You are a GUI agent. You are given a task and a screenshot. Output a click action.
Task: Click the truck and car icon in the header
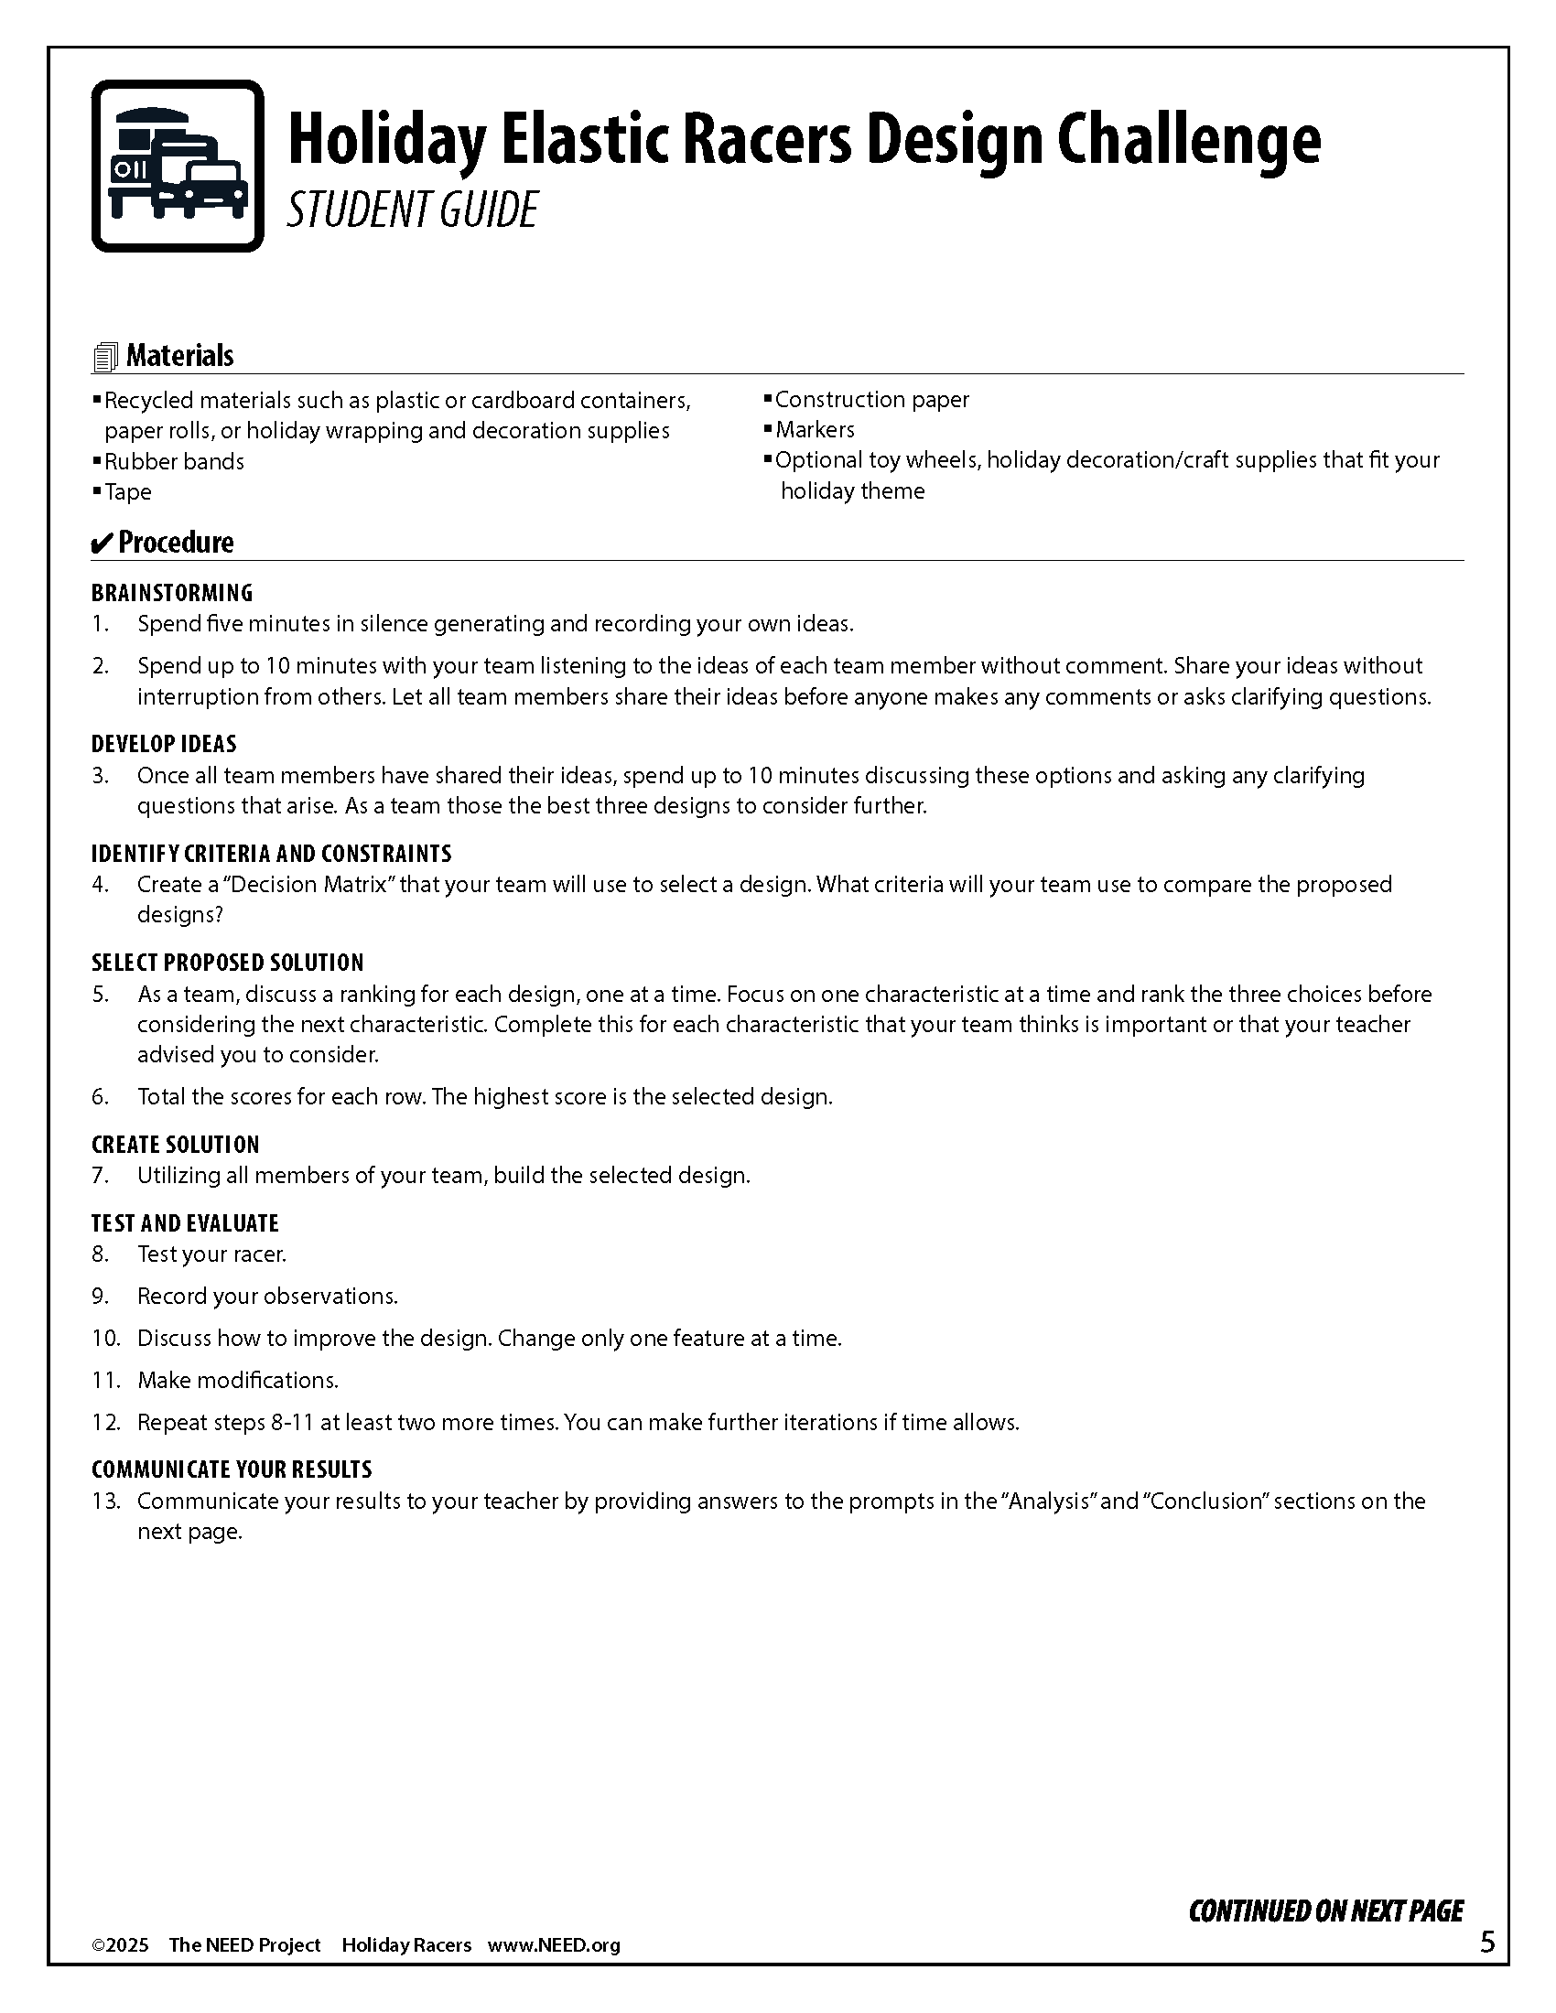(177, 166)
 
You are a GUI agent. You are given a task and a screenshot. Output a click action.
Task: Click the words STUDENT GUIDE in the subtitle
(411, 210)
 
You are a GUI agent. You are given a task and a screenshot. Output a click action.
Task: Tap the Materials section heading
(179, 356)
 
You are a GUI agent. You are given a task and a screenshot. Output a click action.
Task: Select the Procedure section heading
(175, 542)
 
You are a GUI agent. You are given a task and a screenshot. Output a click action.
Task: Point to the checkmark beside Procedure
(102, 543)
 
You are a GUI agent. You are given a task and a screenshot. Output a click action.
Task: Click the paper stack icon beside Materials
(105, 357)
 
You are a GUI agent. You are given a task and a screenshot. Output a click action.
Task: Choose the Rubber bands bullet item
(173, 461)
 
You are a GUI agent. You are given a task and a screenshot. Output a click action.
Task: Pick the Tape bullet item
(127, 491)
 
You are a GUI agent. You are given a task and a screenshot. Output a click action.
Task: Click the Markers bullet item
(814, 429)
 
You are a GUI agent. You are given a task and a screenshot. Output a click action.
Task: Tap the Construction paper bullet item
(871, 399)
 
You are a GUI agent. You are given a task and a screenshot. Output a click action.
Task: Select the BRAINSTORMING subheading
(171, 593)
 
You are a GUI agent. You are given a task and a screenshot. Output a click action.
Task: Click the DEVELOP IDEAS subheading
(163, 744)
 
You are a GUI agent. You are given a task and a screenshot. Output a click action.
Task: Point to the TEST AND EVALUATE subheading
(184, 1223)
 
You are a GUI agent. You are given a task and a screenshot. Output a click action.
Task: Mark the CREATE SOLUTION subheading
(175, 1145)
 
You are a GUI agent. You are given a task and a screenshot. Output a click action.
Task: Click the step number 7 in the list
(100, 1175)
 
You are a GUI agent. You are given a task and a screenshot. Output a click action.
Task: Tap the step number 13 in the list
(105, 1501)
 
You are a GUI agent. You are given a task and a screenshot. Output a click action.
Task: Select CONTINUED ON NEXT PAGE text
(1325, 1911)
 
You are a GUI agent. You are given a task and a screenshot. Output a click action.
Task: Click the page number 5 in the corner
(1487, 1942)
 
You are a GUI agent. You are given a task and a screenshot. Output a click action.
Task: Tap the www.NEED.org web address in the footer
(553, 1944)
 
